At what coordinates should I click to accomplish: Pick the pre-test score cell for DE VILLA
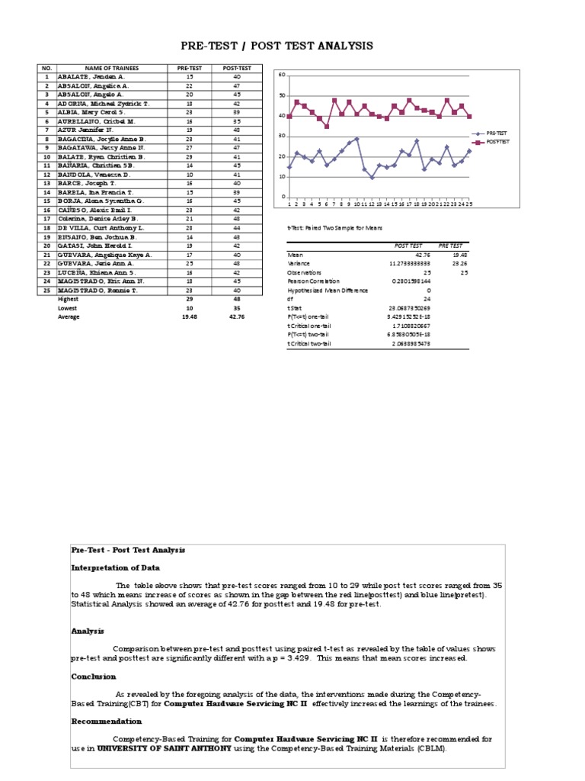(190, 228)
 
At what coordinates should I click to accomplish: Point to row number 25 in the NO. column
(46, 290)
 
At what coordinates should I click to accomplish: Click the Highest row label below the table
(69, 299)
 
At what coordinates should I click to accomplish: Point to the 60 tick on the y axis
(282, 75)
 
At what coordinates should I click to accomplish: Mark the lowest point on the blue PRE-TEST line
(372, 178)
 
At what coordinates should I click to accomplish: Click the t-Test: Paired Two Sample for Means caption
(334, 227)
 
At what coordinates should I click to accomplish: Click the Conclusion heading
(94, 677)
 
